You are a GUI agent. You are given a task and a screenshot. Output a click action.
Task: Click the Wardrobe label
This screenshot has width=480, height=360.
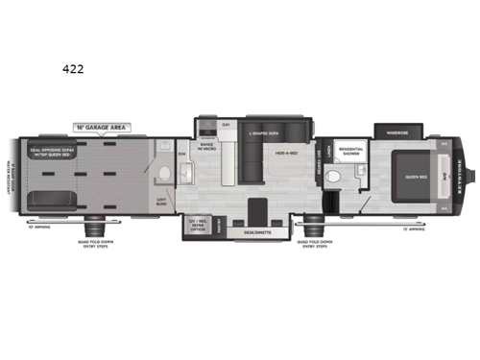[x=397, y=132]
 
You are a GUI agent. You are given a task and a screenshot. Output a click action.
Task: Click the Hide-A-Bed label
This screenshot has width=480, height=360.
[x=285, y=154]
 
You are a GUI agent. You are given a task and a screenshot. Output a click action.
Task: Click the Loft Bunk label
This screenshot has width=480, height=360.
[x=162, y=202]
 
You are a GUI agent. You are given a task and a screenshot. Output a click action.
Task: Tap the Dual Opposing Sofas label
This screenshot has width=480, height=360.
[x=53, y=151]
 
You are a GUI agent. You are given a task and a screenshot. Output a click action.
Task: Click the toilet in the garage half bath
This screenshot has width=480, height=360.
[x=166, y=174]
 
